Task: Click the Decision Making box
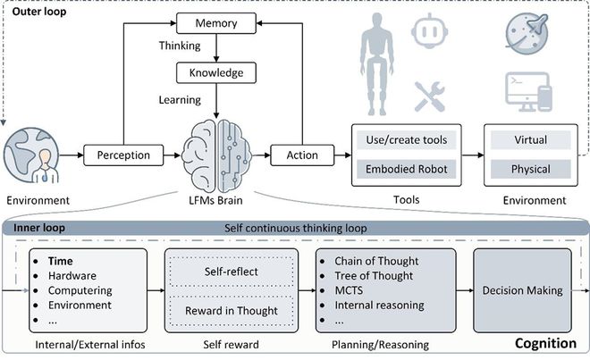523,289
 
